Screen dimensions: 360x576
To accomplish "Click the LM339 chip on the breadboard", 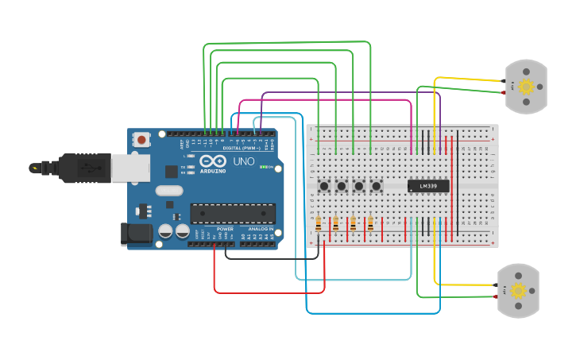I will tap(428, 186).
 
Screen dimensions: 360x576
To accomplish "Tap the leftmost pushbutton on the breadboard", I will tap(324, 186).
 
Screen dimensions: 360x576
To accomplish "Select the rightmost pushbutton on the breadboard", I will tap(376, 186).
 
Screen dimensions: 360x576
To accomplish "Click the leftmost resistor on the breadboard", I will tap(319, 224).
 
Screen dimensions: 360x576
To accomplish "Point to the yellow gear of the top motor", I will tap(526, 87).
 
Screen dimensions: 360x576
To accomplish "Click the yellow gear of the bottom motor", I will tap(519, 290).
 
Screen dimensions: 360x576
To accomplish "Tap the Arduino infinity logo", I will tap(211, 161).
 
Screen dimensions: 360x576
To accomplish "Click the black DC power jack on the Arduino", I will tap(137, 233).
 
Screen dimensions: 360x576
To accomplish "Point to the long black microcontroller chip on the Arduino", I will tap(232, 213).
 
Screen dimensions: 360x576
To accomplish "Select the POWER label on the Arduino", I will tap(225, 229).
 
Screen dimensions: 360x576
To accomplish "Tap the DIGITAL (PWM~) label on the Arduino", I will tap(242, 148).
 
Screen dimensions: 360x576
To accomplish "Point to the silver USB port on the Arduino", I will tap(130, 168).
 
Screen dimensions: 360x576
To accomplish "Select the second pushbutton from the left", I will tap(342, 186).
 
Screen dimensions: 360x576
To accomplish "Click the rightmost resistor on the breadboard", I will tap(370, 224).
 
